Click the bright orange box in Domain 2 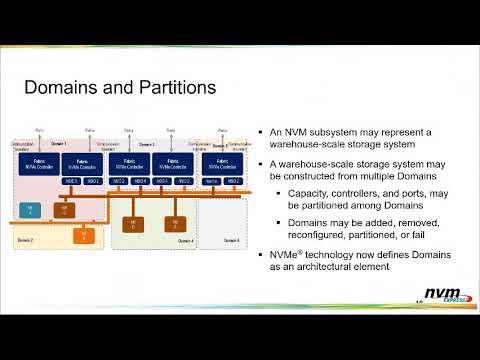84,235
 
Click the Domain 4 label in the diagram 187,240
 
